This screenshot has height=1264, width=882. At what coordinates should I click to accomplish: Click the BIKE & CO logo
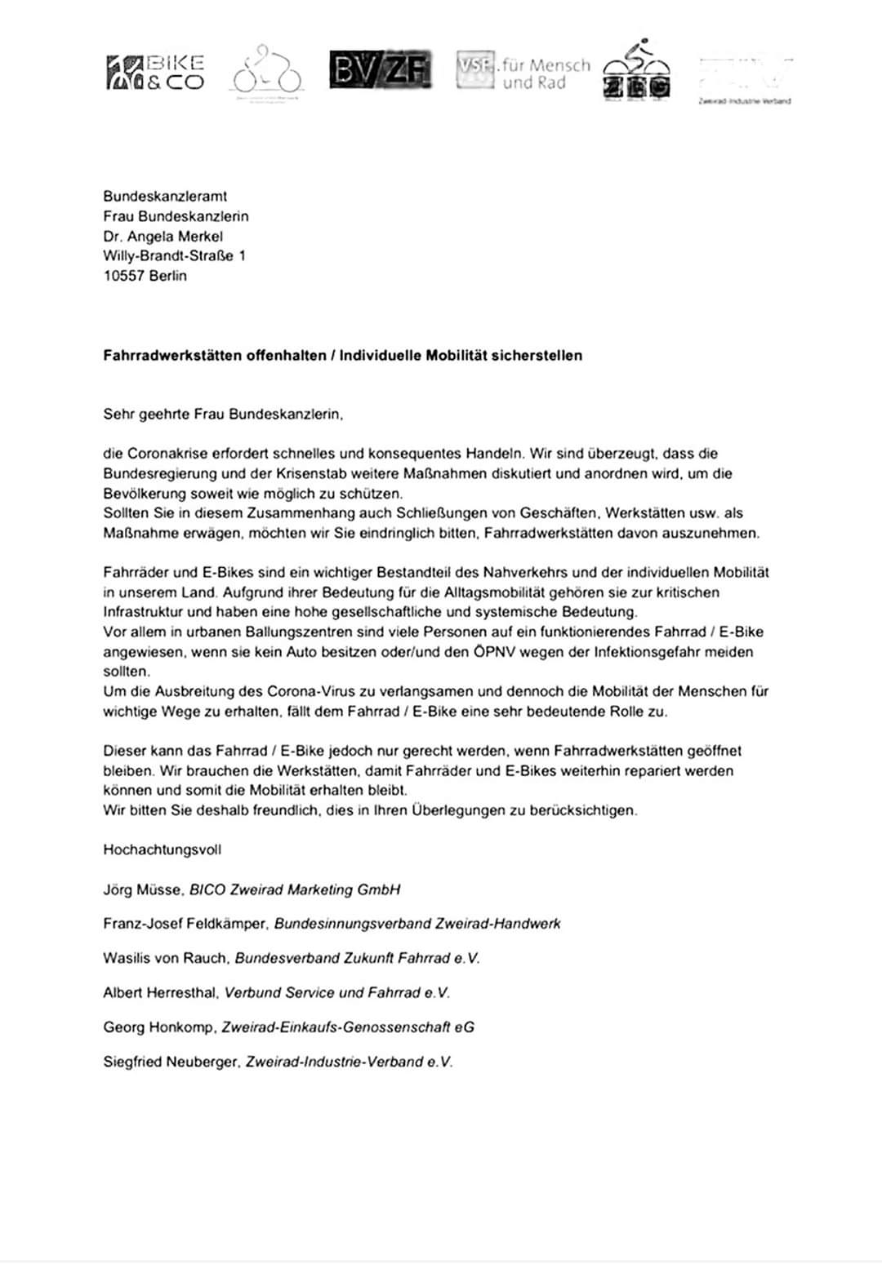pos(155,73)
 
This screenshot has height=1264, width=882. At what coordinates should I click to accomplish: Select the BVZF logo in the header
pos(381,70)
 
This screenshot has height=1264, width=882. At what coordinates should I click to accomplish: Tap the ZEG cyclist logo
pos(637,71)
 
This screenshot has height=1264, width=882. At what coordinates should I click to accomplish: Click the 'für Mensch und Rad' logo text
pos(545,73)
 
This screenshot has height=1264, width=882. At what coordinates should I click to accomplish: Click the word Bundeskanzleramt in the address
pos(165,197)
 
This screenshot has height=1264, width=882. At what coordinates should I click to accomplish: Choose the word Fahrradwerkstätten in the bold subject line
pos(173,356)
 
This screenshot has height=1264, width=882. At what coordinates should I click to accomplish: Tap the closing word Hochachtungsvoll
pos(162,849)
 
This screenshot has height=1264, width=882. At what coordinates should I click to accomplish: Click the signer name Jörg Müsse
pos(143,890)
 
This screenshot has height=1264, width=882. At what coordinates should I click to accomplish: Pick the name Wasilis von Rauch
pos(165,959)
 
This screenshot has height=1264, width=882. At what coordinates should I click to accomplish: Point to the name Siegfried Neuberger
pos(171,1062)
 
